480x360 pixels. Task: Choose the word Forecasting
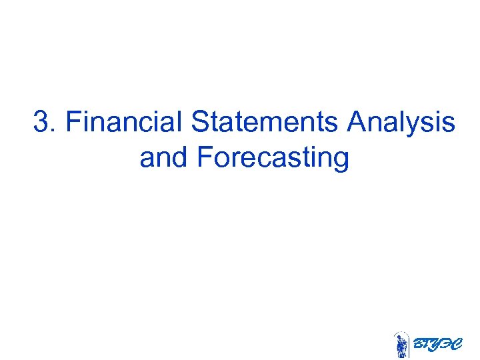[273, 159]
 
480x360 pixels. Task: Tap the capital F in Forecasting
[205, 158]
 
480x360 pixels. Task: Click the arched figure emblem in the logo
[401, 345]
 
